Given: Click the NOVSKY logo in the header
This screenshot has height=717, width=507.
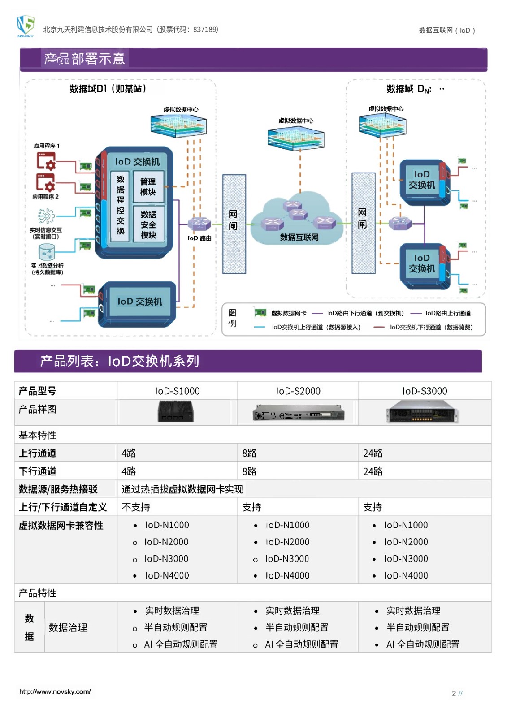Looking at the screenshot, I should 25,26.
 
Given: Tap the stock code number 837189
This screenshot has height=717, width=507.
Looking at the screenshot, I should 205,30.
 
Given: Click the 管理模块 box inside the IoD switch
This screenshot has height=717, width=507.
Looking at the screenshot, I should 148,187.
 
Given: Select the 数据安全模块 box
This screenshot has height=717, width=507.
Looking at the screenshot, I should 148,225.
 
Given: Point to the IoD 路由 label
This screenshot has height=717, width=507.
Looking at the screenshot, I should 199,238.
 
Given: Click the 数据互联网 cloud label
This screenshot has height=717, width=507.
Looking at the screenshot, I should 299,237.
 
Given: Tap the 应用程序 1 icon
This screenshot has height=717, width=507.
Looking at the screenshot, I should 46,161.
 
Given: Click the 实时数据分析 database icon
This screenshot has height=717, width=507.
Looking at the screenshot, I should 47,252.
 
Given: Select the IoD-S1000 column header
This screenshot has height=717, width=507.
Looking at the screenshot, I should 178,391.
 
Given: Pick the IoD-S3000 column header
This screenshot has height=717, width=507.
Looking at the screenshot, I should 425,391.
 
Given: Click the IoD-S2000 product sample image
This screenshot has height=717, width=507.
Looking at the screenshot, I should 298,413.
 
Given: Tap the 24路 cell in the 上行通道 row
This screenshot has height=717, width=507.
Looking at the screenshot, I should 373,453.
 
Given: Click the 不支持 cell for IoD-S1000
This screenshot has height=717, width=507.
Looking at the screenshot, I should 136,507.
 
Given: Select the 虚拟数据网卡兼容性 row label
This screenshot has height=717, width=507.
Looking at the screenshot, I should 61,526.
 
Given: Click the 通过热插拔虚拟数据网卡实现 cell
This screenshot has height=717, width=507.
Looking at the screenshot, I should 182,489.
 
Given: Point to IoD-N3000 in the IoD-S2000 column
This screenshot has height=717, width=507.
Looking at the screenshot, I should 287,559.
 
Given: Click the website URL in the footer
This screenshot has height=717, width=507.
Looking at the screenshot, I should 55,691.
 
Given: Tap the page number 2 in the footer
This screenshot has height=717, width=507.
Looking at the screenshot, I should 454,693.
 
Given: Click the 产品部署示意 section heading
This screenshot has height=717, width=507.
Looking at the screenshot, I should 85,59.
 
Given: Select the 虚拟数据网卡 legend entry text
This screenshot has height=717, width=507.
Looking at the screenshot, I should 289,313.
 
